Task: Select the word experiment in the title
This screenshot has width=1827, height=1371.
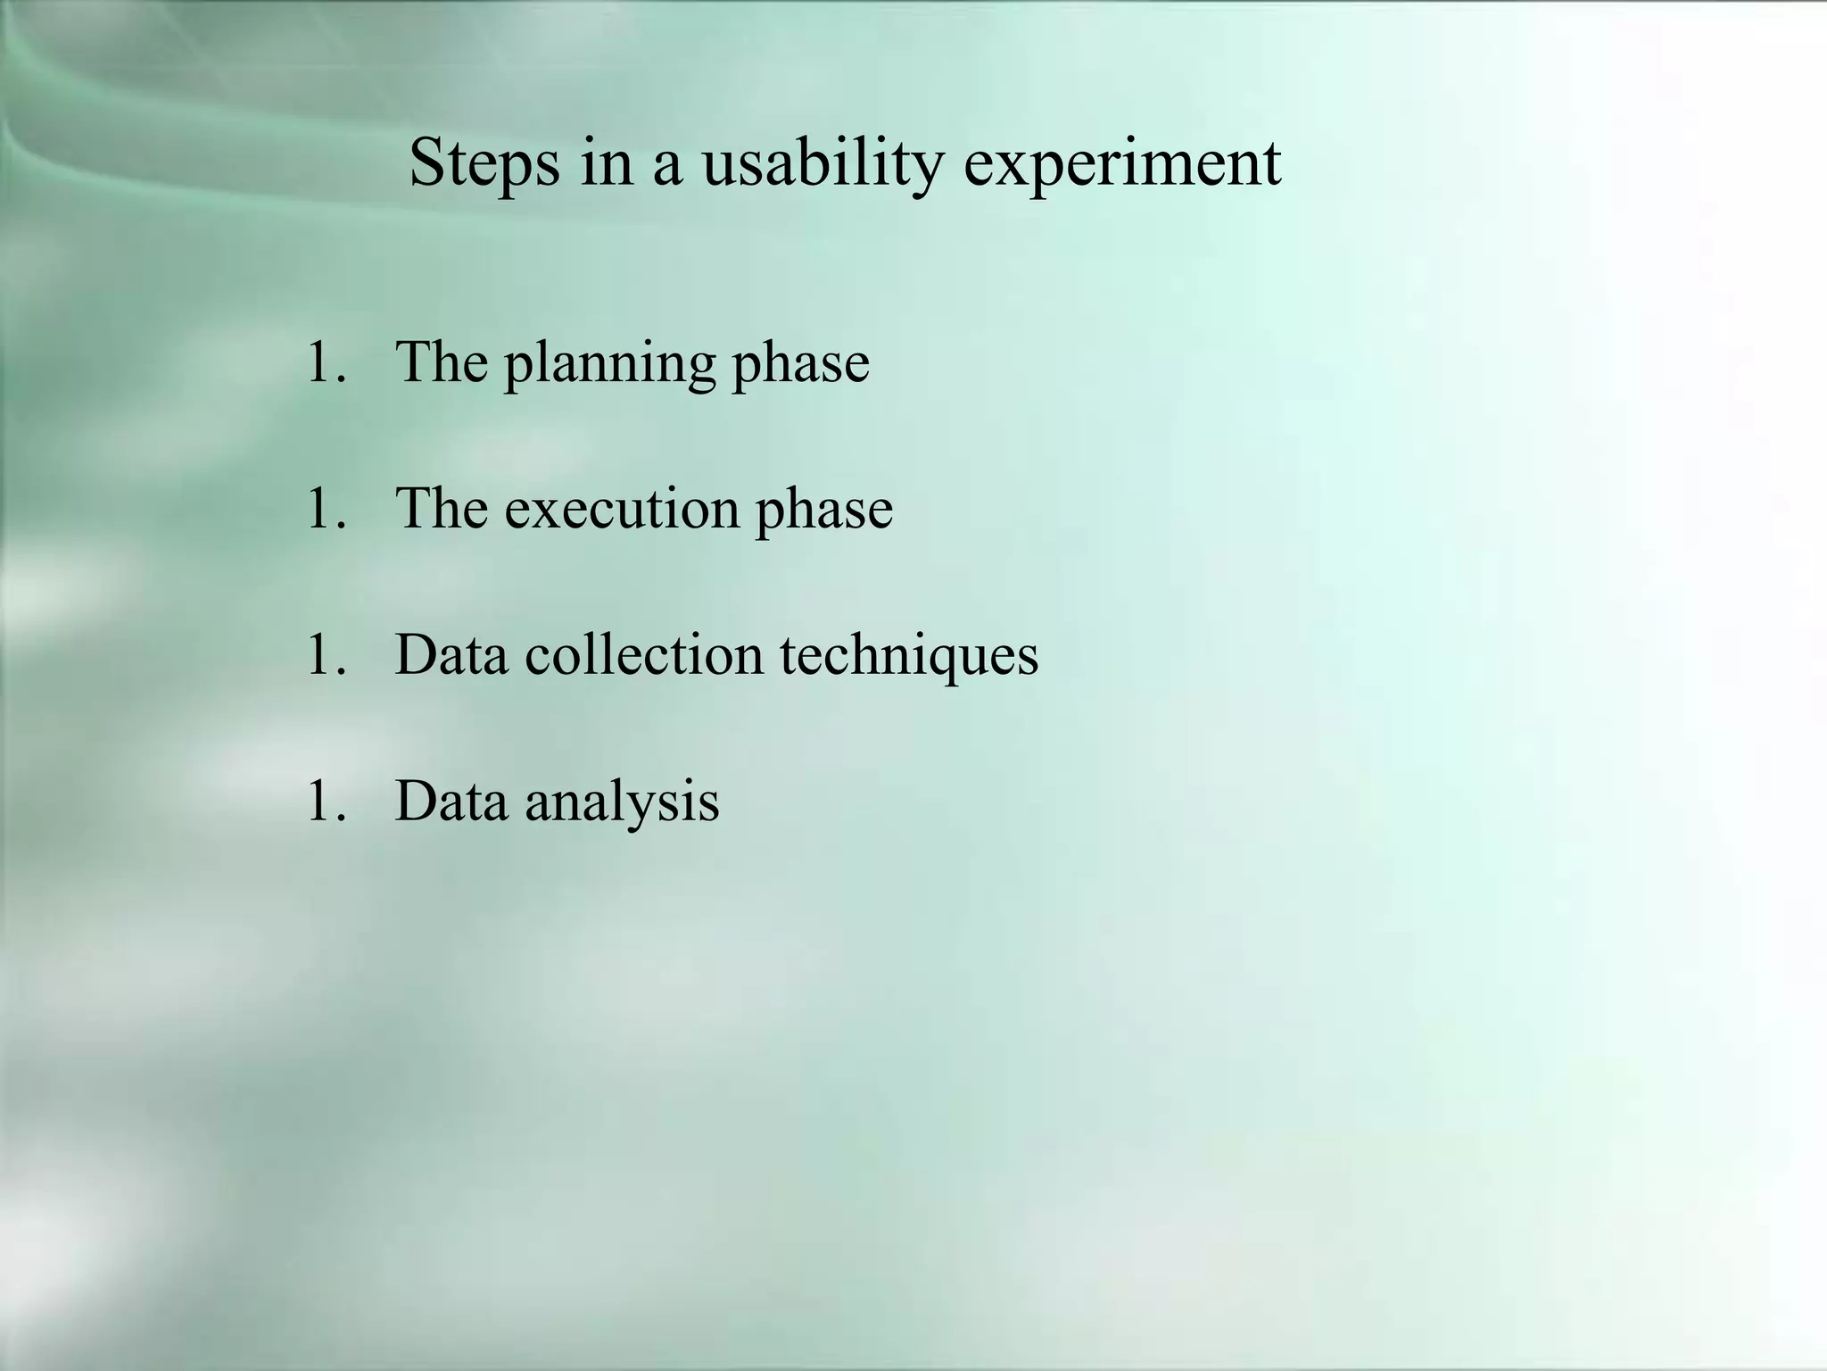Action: click(1122, 163)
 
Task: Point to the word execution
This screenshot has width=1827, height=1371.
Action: click(621, 509)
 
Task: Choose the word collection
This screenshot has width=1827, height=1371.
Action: click(644, 655)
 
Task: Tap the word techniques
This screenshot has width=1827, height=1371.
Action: click(909, 655)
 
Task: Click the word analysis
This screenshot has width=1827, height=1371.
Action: click(622, 801)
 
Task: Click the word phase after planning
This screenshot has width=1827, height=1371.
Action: click(800, 363)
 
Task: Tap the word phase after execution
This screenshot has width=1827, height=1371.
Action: click(824, 509)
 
